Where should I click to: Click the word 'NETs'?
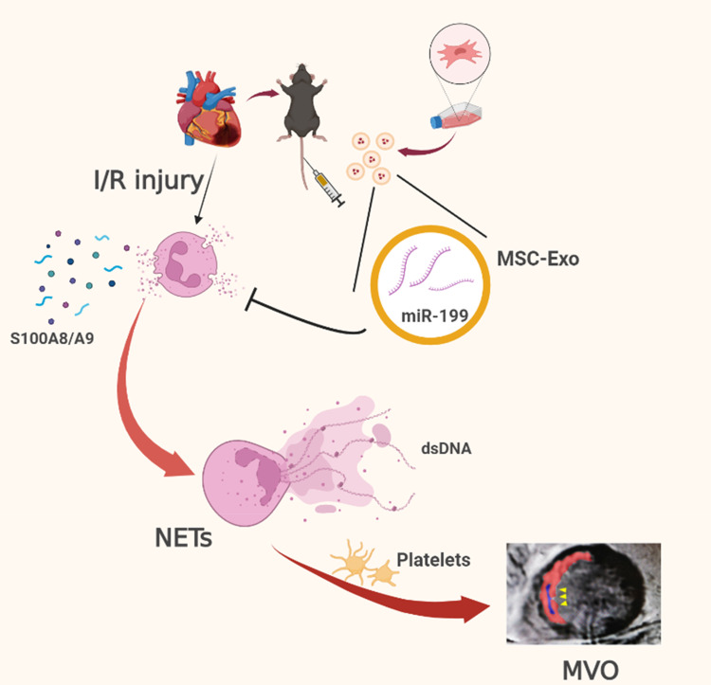[x=182, y=541]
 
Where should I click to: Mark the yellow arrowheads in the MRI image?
[x=563, y=594]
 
